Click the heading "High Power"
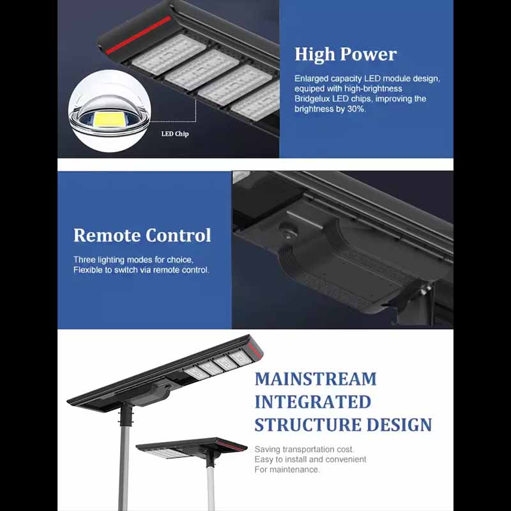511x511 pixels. click(346, 54)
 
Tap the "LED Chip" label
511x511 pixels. click(175, 133)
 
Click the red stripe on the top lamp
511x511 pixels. click(138, 35)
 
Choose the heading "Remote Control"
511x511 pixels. click(142, 235)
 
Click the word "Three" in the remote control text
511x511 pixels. click(84, 260)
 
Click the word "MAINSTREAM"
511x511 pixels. click(316, 379)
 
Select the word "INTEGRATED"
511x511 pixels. click(313, 402)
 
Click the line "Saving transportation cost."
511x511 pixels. click(304, 450)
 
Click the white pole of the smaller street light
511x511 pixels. click(211, 489)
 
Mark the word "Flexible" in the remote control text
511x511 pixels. click(88, 270)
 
